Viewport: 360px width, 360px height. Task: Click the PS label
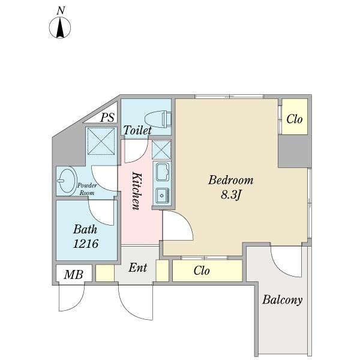tap(107, 118)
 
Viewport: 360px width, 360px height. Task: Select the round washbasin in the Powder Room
tap(67, 181)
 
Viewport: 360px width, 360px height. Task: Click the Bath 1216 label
tap(85, 236)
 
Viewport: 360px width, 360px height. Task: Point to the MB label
tap(73, 274)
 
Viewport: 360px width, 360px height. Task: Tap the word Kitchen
tap(136, 191)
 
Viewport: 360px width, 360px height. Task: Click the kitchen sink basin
tap(163, 172)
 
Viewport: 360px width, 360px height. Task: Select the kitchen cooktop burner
tap(163, 196)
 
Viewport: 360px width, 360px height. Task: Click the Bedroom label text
tap(231, 180)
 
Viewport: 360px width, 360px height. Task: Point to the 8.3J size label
tap(231, 196)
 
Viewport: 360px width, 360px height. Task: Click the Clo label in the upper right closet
tap(295, 119)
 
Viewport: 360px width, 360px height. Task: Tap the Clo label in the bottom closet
tap(202, 271)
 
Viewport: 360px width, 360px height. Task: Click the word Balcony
tap(282, 300)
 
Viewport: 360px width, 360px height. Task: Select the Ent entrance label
tap(137, 268)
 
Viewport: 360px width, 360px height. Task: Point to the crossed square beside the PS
tap(101, 141)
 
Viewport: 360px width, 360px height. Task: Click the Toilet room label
tap(137, 130)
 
